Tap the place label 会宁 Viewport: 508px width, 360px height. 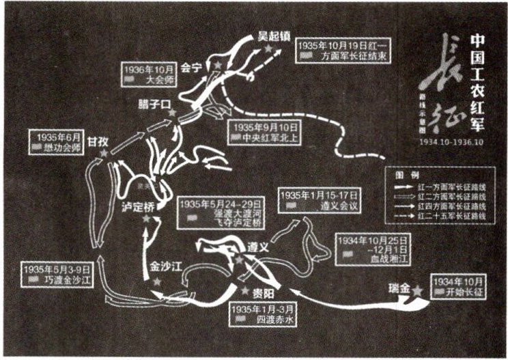tap(193, 68)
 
